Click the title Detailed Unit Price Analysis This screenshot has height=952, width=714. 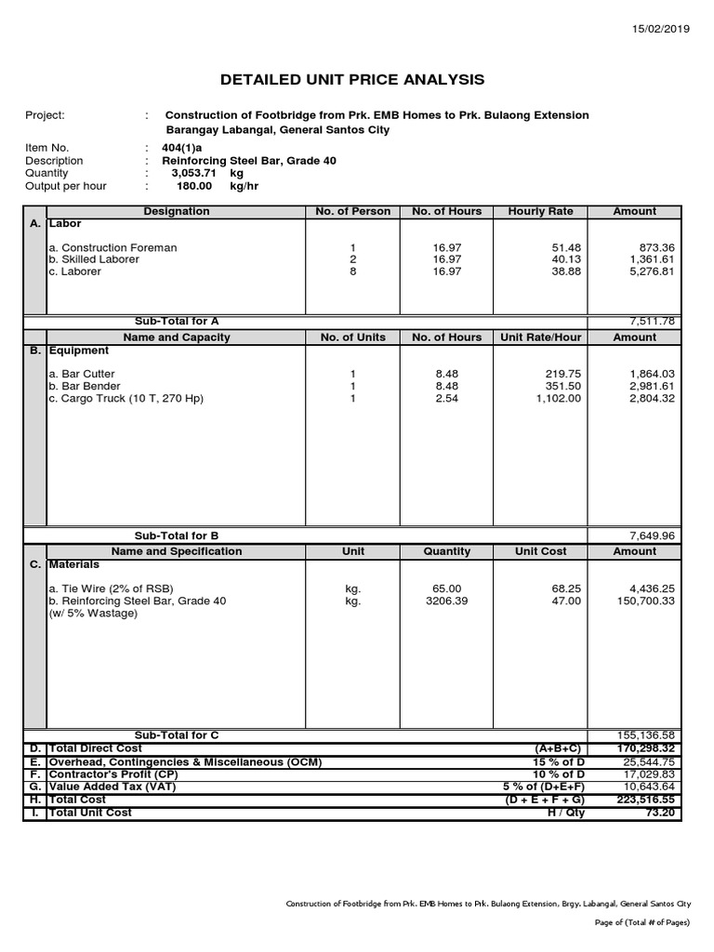351,80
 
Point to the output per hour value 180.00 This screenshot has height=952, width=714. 194,186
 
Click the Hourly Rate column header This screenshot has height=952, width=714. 540,212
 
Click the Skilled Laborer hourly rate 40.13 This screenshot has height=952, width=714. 563,260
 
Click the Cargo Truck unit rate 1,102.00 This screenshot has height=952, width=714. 556,399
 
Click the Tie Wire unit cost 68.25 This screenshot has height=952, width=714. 563,588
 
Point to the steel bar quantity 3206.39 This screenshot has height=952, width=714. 446,602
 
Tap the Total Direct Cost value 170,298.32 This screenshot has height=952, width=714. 645,748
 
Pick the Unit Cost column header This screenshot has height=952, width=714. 540,551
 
